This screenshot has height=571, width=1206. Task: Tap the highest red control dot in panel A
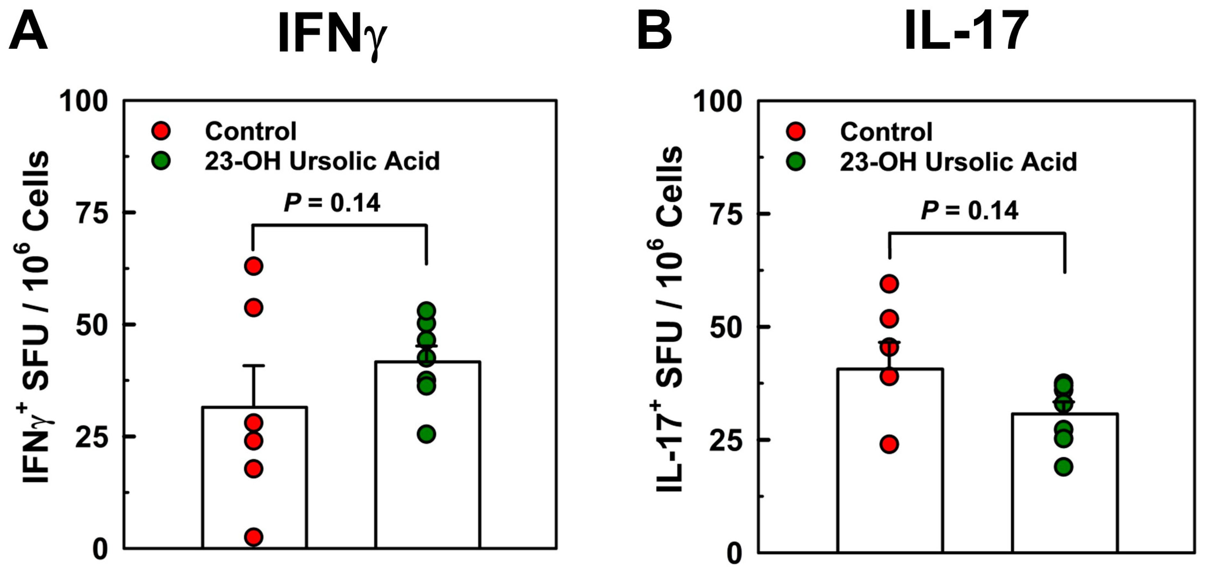[x=254, y=266]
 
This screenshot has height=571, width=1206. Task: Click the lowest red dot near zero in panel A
[x=254, y=537]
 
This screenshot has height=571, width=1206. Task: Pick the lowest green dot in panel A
[x=427, y=434]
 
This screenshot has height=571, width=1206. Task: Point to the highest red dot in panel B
[x=889, y=284]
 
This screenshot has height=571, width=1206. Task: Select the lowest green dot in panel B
[x=1064, y=466]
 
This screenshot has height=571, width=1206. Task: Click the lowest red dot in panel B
[x=889, y=444]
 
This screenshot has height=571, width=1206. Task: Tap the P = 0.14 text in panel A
[x=332, y=203]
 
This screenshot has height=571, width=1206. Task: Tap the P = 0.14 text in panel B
[x=969, y=210]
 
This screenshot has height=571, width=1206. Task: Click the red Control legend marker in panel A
[x=161, y=131]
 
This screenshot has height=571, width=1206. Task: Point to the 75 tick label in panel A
[x=92, y=214]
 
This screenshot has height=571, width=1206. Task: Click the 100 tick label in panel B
[x=718, y=101]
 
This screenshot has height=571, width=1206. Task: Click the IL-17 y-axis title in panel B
[x=670, y=319]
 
